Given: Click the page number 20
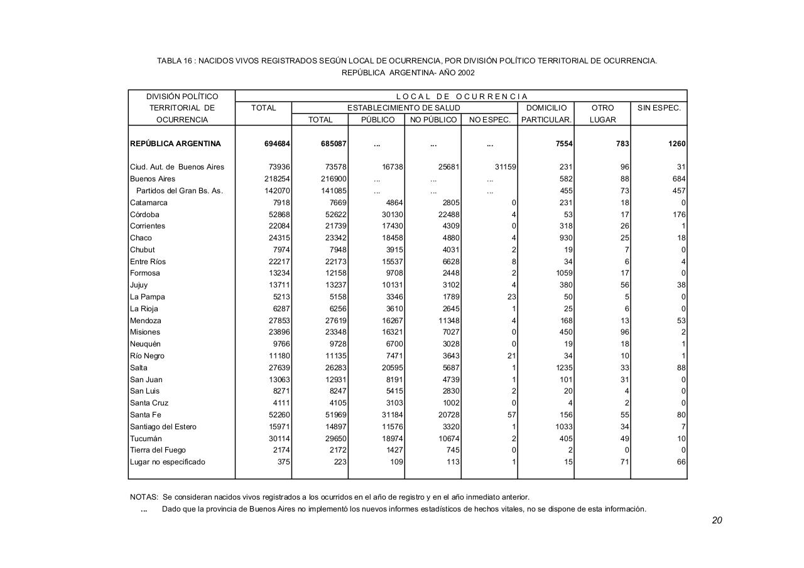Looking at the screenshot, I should click(717, 520).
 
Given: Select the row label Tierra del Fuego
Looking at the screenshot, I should click(158, 450).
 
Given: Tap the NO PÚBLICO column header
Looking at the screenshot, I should click(433, 120).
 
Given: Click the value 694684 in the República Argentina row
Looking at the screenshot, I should click(277, 144).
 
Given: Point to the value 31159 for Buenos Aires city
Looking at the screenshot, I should click(504, 167).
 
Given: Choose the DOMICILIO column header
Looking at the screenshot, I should click(546, 108).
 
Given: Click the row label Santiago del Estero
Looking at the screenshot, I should click(163, 427).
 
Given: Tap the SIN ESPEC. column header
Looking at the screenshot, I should click(659, 108).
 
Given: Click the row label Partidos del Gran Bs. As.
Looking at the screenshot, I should click(179, 191).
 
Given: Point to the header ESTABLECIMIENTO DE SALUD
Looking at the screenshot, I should click(404, 108).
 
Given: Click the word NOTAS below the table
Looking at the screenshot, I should click(144, 497).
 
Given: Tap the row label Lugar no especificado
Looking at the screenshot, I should click(168, 462).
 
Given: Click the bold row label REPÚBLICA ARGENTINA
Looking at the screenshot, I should click(175, 144).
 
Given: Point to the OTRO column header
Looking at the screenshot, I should click(602, 108).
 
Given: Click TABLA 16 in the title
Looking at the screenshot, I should click(174, 61).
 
